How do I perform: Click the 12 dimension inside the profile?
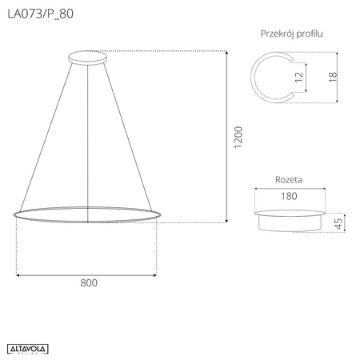[x=298, y=77]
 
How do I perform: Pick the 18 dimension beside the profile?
[x=332, y=77]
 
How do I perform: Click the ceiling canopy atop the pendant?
[x=88, y=58]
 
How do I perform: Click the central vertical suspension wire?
[x=88, y=136]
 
